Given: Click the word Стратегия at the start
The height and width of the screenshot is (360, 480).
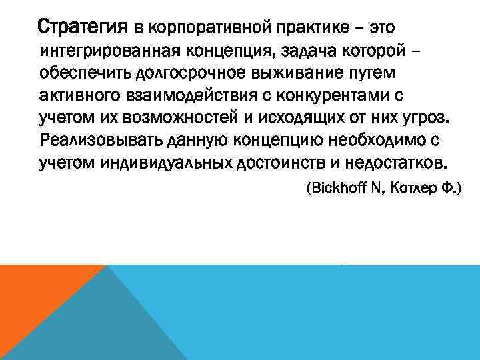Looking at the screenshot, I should pos(82,28).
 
